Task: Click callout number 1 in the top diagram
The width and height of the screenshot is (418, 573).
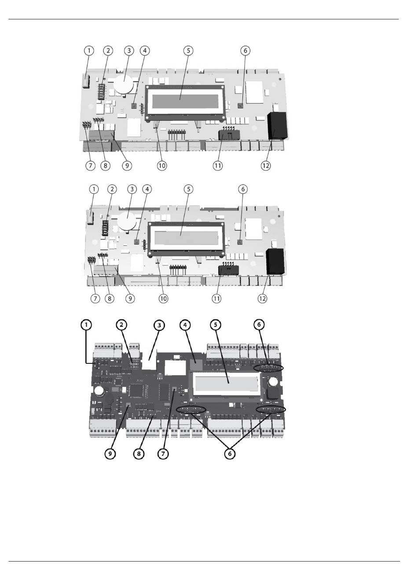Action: [x=89, y=51]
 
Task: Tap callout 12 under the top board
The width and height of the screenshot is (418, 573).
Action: [x=265, y=166]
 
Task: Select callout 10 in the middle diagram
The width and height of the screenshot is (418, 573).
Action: [x=163, y=298]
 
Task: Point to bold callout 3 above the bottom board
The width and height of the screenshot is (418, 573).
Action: [x=159, y=325]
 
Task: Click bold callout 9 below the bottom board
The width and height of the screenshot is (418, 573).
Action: [x=110, y=453]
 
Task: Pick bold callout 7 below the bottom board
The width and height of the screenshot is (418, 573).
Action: [x=163, y=453]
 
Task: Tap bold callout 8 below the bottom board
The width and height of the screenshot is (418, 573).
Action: [x=139, y=453]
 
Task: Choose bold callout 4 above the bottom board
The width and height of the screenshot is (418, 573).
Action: [x=185, y=325]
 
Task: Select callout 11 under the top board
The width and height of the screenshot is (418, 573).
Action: [x=218, y=166]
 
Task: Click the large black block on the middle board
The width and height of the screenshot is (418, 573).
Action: [x=276, y=261]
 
